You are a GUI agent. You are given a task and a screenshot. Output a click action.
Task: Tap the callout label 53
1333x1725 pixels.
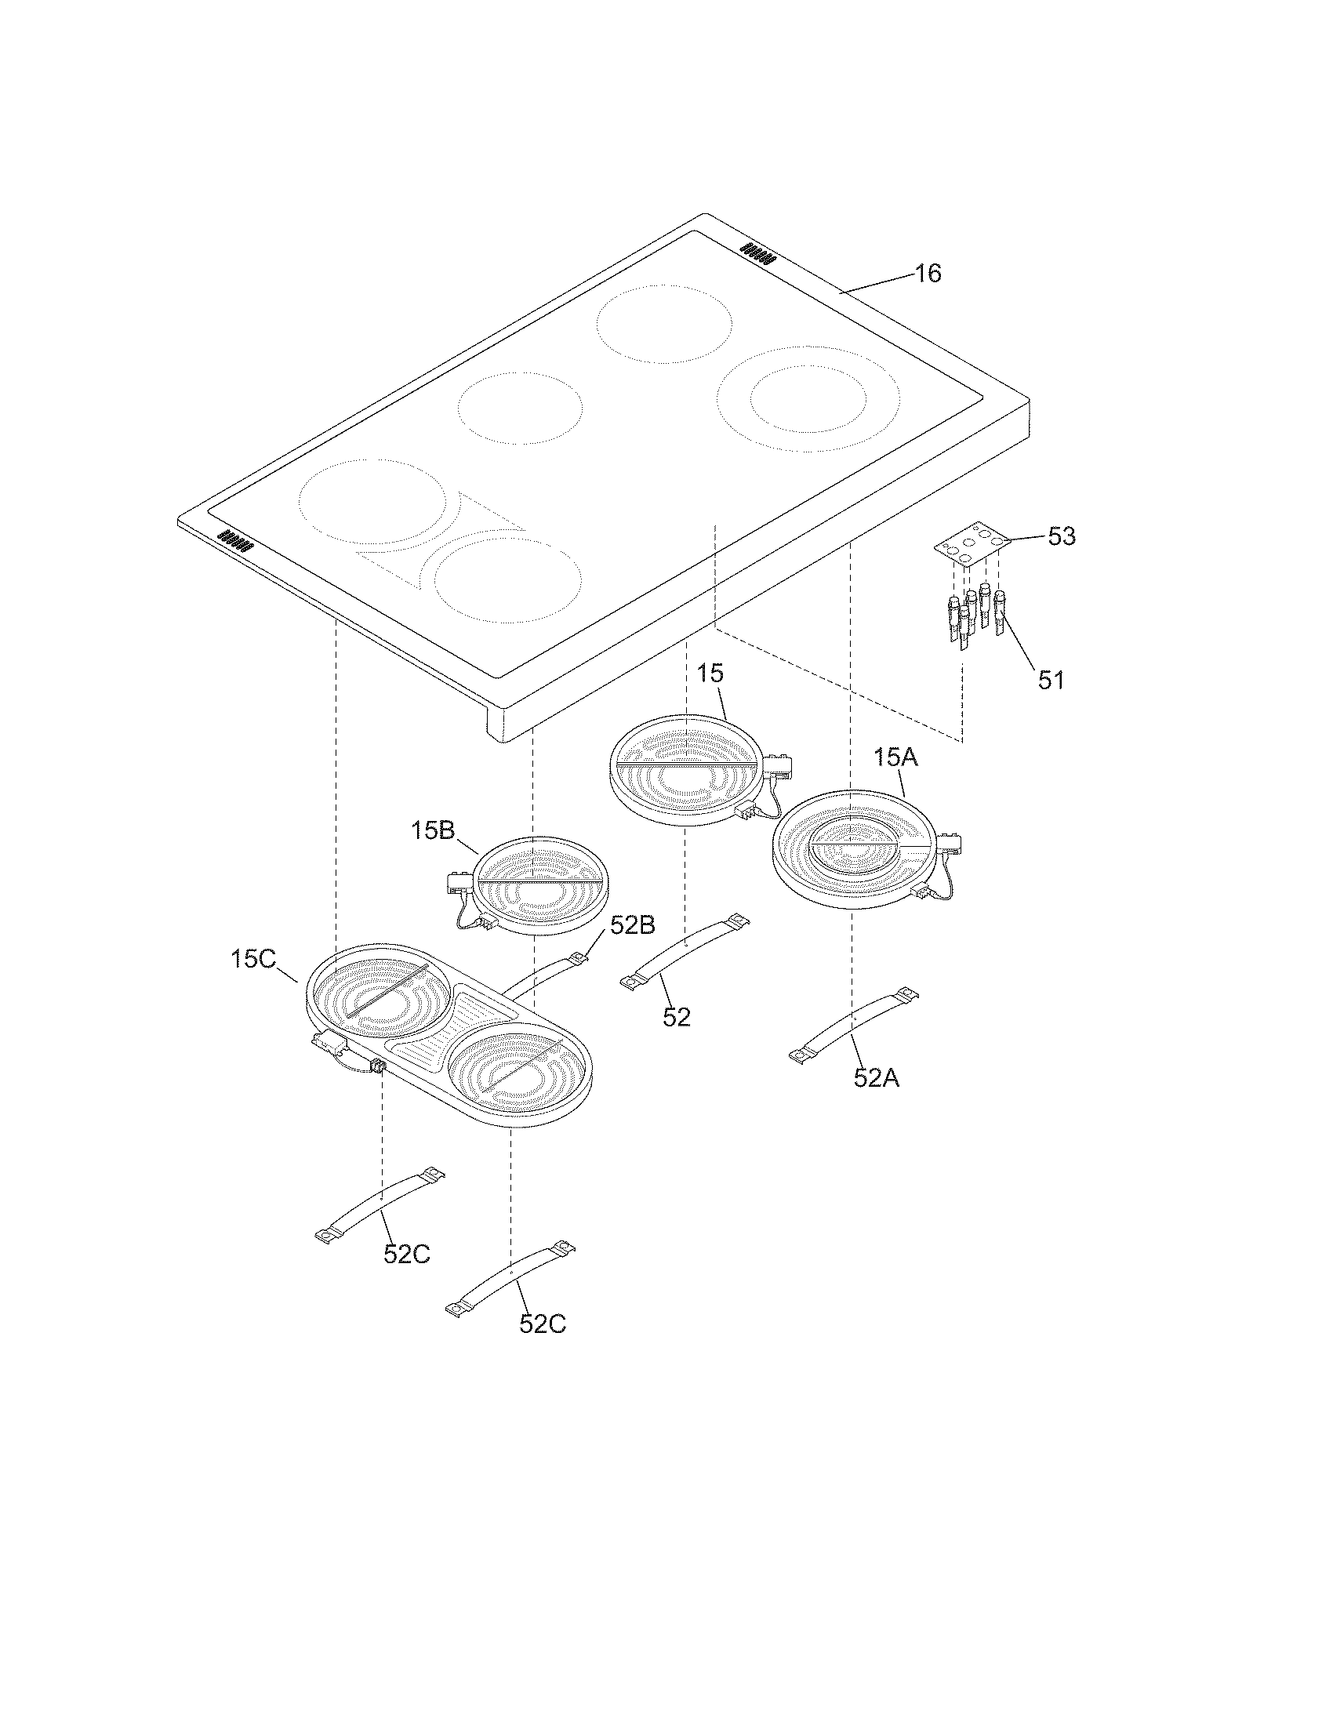[x=1062, y=536]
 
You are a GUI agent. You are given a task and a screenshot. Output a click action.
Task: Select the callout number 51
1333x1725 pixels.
[x=1050, y=680]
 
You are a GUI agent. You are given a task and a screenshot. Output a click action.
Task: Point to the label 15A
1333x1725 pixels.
[x=895, y=757]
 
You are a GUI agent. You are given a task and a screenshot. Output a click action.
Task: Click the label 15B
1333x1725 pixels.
[x=432, y=830]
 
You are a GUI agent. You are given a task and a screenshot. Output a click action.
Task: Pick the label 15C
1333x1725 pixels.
[x=252, y=960]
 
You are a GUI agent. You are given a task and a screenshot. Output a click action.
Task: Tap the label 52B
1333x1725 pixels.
[x=632, y=925]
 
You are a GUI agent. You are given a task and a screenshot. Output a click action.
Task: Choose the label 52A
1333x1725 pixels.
[x=876, y=1077]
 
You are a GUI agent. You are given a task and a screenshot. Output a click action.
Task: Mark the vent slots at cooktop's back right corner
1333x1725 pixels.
[x=758, y=253]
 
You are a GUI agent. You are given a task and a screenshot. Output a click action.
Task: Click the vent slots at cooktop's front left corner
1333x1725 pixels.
[x=234, y=539]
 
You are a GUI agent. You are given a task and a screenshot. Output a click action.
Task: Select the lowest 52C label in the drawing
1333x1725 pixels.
[x=542, y=1324]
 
